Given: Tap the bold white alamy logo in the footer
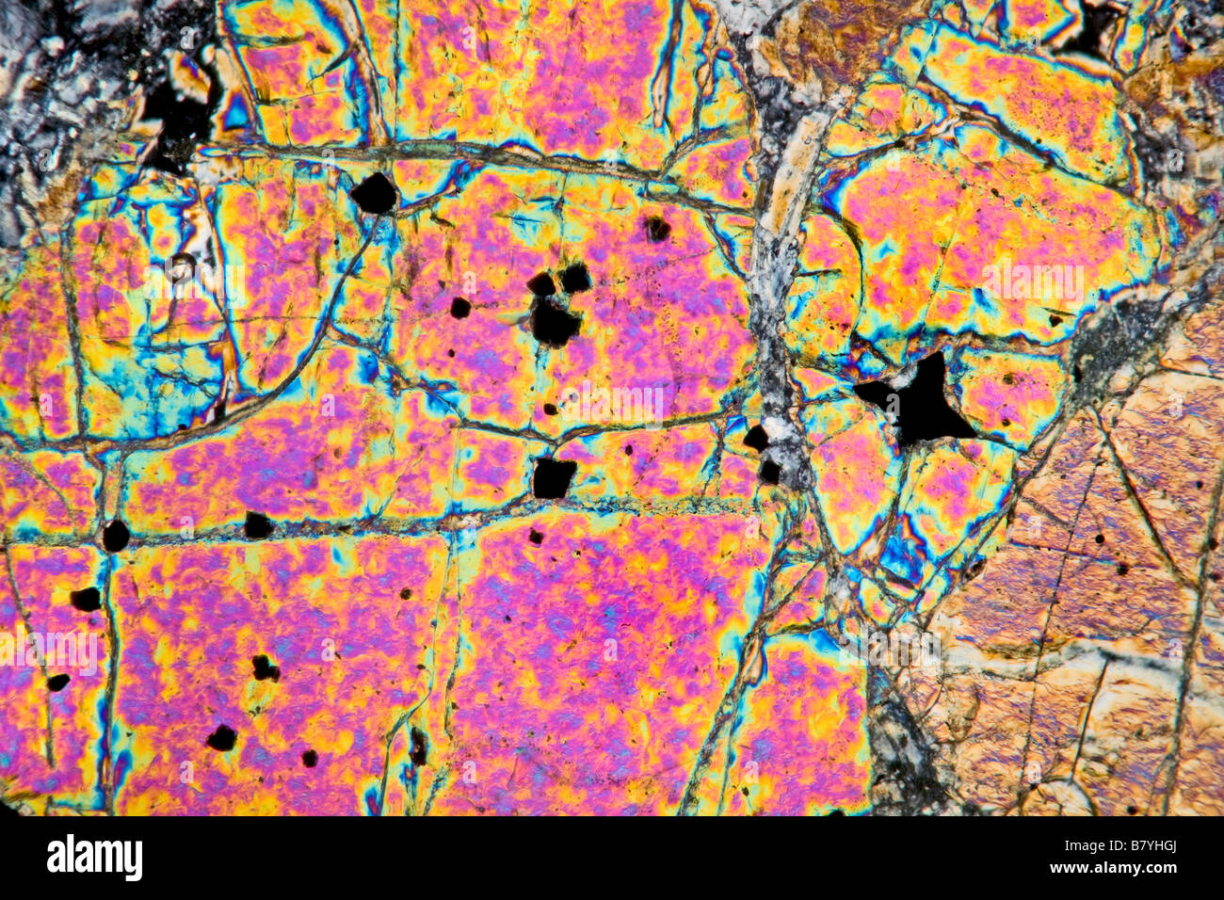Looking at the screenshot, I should coord(94,858).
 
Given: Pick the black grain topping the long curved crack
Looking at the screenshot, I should coord(374,193).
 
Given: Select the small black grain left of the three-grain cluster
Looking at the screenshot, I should coord(459,308).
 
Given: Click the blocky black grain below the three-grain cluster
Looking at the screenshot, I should coord(553,476).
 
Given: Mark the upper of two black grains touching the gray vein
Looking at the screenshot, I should coord(755,438).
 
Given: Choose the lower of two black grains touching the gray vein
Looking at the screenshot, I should coord(769,471).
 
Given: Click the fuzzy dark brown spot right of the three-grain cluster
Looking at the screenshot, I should coord(656,228).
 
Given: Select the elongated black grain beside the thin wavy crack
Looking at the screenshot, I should coord(417,746).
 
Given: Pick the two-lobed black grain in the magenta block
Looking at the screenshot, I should coord(265,667).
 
